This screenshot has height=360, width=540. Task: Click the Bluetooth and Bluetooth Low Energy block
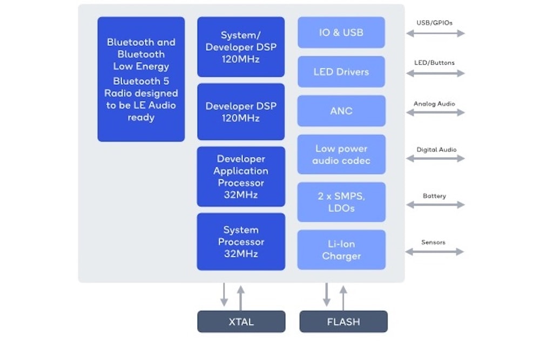click(x=141, y=79)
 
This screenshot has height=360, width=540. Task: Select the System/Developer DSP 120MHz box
click(x=241, y=47)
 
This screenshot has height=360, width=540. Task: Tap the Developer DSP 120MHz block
click(x=241, y=112)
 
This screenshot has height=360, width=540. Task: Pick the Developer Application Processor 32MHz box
click(x=241, y=176)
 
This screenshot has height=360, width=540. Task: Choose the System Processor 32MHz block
click(x=241, y=242)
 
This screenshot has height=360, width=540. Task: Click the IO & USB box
click(x=341, y=32)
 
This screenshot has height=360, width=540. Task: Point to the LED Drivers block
click(x=341, y=72)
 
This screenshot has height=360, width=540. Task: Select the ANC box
click(x=341, y=111)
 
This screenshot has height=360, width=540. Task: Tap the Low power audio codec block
click(x=341, y=154)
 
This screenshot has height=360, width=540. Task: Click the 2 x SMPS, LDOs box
click(x=341, y=202)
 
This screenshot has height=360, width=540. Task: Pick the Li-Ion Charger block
click(x=341, y=250)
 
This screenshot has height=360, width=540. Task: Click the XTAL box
click(x=241, y=322)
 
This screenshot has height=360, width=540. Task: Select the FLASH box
click(x=343, y=322)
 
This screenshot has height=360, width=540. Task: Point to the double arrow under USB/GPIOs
click(x=435, y=33)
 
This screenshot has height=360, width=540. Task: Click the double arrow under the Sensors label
click(x=435, y=252)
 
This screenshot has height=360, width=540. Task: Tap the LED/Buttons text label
click(x=435, y=63)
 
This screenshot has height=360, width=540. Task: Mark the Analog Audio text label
click(x=435, y=104)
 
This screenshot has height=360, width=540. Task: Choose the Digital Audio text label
click(x=435, y=150)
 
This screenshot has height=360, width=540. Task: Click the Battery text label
click(x=435, y=196)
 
